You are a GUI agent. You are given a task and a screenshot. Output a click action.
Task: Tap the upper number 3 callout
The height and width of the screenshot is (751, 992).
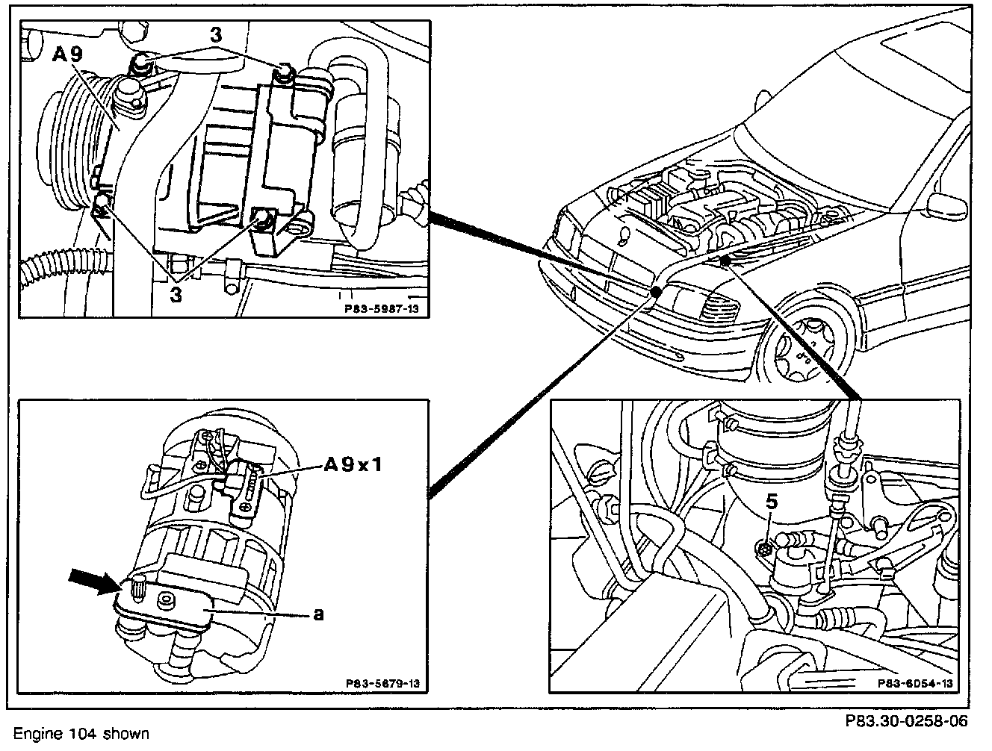click(215, 36)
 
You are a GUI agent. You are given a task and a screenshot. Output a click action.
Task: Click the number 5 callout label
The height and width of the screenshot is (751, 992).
click(772, 502)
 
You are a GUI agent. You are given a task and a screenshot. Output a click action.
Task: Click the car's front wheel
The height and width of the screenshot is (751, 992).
click(809, 347)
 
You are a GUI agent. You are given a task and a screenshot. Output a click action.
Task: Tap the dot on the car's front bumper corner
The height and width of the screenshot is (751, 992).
click(656, 292)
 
